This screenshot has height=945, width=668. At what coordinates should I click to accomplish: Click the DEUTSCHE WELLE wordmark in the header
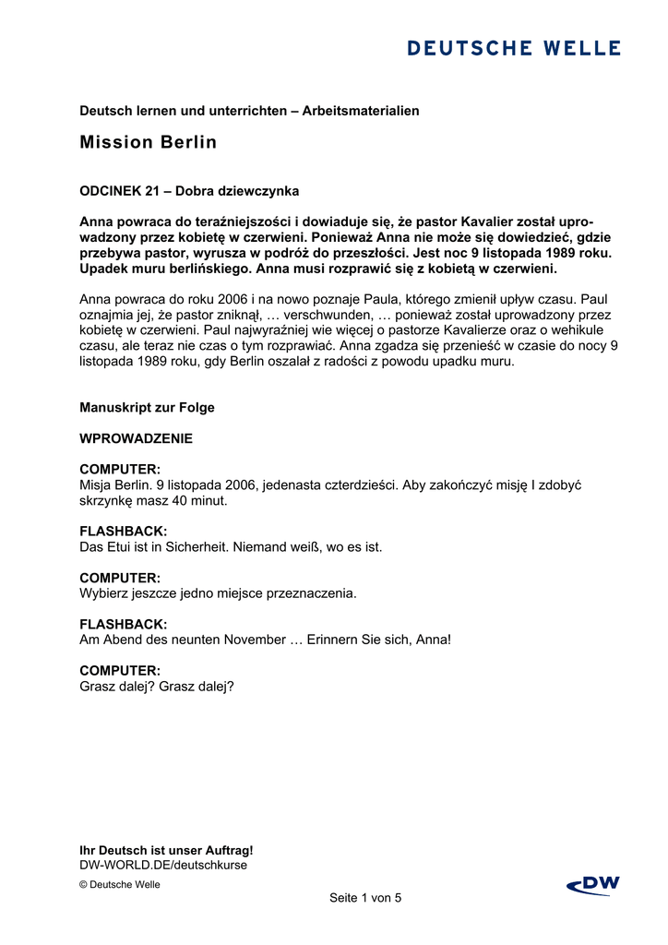[x=514, y=48]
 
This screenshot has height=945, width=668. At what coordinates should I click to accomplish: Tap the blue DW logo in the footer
[x=593, y=886]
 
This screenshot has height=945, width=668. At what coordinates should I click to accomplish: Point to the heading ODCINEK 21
[x=119, y=191]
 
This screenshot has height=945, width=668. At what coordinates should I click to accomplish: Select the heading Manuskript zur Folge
[x=147, y=407]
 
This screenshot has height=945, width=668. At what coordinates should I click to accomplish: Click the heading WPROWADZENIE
[x=136, y=438]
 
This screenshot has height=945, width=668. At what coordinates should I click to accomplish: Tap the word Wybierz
[x=104, y=592]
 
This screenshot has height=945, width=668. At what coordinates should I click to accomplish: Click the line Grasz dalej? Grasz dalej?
[x=157, y=686]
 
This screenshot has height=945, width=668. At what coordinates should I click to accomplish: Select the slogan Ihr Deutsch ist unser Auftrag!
[x=166, y=850]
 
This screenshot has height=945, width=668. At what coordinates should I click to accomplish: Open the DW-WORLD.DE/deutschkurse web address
[x=163, y=865]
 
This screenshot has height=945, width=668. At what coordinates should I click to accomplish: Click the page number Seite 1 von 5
[x=365, y=898]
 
